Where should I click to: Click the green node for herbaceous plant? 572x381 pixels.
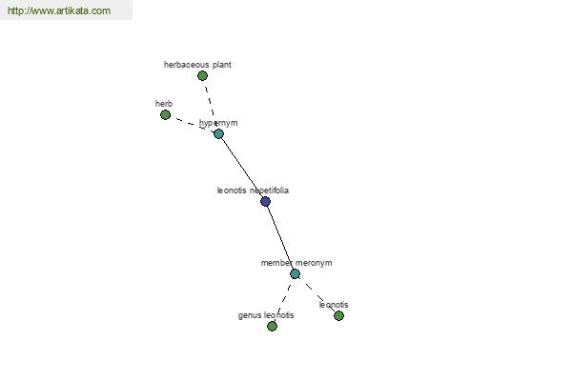pyautogui.click(x=202, y=76)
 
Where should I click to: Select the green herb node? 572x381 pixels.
pyautogui.click(x=165, y=115)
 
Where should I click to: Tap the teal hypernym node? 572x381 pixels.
pyautogui.click(x=218, y=133)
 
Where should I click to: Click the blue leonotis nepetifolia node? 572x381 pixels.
pyautogui.click(x=266, y=201)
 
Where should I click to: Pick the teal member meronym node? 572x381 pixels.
pyautogui.click(x=296, y=273)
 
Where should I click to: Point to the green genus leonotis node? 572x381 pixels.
pyautogui.click(x=272, y=326)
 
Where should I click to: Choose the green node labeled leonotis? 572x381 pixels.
pyautogui.click(x=338, y=315)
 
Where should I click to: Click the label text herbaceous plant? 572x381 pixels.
pyautogui.click(x=197, y=65)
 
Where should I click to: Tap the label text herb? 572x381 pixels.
pyautogui.click(x=164, y=104)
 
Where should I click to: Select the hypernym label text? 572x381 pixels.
pyautogui.click(x=218, y=123)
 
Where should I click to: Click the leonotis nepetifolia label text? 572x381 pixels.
pyautogui.click(x=253, y=190)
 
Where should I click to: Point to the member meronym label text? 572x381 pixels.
pyautogui.click(x=296, y=263)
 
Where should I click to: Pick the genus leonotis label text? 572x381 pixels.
pyautogui.click(x=266, y=315)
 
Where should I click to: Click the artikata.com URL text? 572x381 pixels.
pyautogui.click(x=59, y=10)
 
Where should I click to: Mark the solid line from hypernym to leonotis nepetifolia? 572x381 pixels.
pyautogui.click(x=242, y=168)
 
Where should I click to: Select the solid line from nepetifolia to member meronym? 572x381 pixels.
pyautogui.click(x=280, y=237)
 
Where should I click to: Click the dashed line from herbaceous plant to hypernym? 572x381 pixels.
pyautogui.click(x=211, y=105)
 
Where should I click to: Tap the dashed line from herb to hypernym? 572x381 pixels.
pyautogui.click(x=192, y=125)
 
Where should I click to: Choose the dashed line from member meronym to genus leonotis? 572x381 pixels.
pyautogui.click(x=284, y=300)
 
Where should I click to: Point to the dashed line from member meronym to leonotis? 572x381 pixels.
pyautogui.click(x=317, y=294)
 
